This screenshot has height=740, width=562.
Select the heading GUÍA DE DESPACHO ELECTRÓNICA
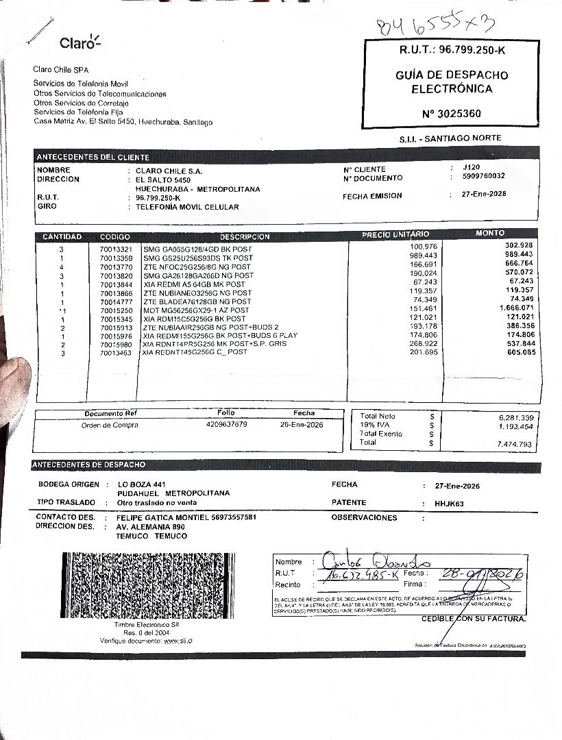pyautogui.click(x=451, y=82)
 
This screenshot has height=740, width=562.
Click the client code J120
pyautogui.click(x=472, y=167)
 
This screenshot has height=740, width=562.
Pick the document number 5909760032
pyautogui.click(x=484, y=176)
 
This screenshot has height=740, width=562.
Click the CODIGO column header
pyautogui.click(x=114, y=236)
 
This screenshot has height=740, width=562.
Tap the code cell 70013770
pyautogui.click(x=115, y=267)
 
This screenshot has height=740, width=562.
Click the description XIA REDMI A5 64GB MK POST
pyautogui.click(x=194, y=284)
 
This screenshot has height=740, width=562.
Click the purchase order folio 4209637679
pyautogui.click(x=226, y=425)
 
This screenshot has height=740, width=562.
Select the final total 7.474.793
pyautogui.click(x=515, y=445)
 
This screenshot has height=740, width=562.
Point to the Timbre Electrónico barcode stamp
pyautogui.click(x=146, y=587)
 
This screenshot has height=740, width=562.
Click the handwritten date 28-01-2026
pyautogui.click(x=483, y=574)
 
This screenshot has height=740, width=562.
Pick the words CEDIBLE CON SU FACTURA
pyautogui.click(x=474, y=619)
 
